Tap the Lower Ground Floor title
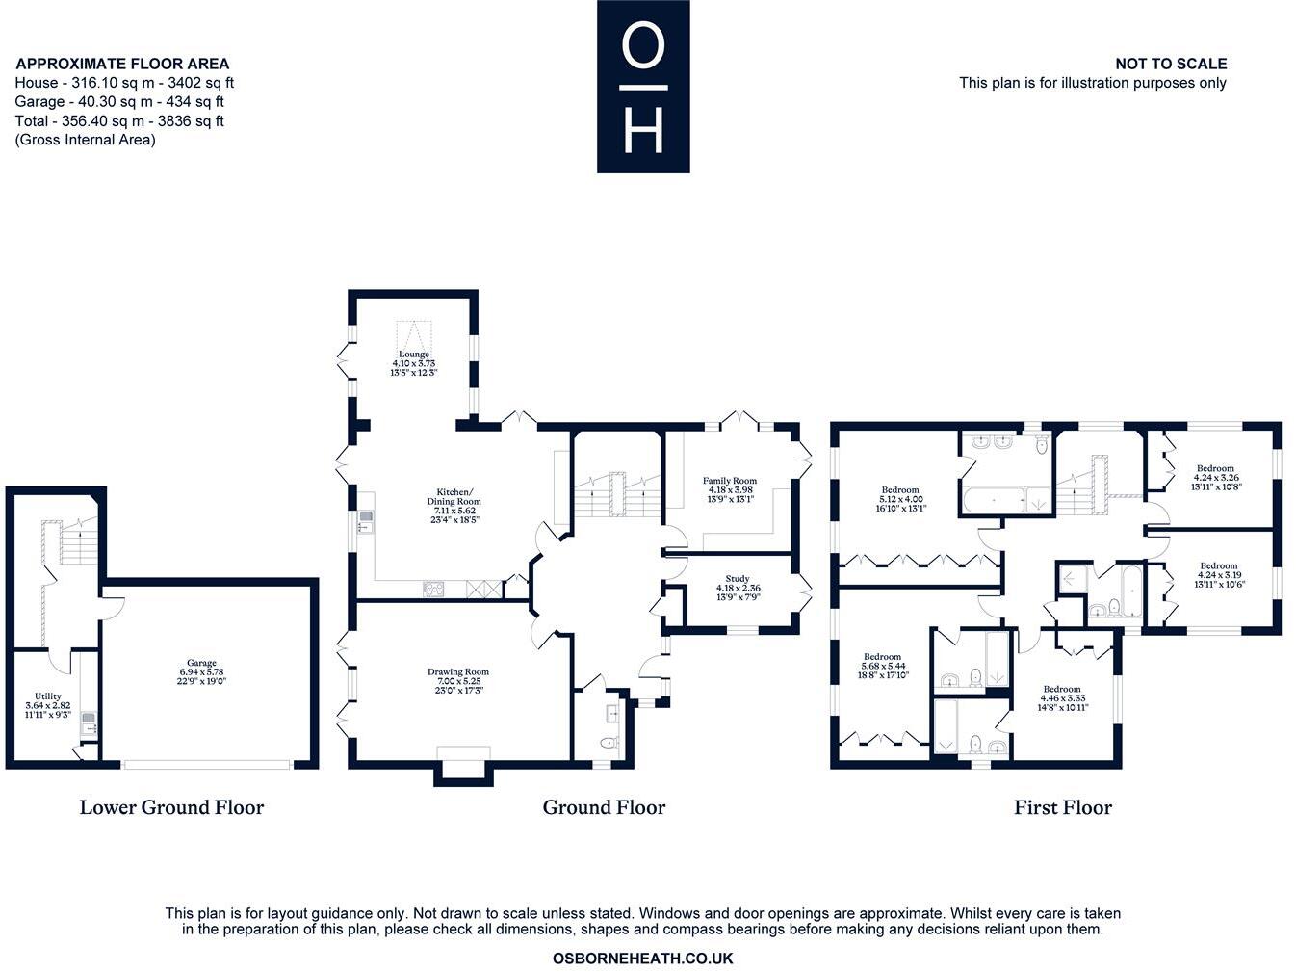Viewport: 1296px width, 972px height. [x=171, y=807]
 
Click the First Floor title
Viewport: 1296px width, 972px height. [x=1062, y=807]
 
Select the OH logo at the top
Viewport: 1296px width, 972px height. [x=643, y=87]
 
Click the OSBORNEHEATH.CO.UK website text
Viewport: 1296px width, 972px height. [x=643, y=959]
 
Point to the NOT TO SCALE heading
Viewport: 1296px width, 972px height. [x=1171, y=64]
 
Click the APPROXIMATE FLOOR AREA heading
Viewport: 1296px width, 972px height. [x=122, y=64]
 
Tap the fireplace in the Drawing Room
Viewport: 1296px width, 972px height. [x=462, y=761]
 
